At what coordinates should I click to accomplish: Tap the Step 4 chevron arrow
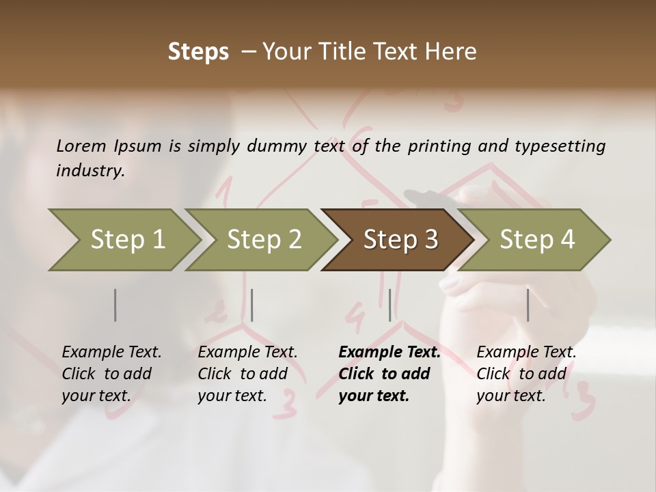pos(537,240)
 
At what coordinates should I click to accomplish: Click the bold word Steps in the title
pos(198,52)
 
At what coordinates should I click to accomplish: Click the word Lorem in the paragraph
pos(82,146)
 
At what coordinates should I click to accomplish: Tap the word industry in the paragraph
pos(90,170)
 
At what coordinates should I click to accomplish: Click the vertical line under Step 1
pos(115,305)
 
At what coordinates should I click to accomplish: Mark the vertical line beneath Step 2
pos(252,305)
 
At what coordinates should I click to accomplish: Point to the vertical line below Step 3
pos(389,305)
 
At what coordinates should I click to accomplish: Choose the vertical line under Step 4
pos(528,305)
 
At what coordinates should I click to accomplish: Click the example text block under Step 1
pos(111,374)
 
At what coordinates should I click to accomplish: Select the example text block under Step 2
pos(247,374)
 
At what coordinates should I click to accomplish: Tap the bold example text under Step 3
pos(389,374)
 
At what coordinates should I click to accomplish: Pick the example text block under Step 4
pos(525,374)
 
